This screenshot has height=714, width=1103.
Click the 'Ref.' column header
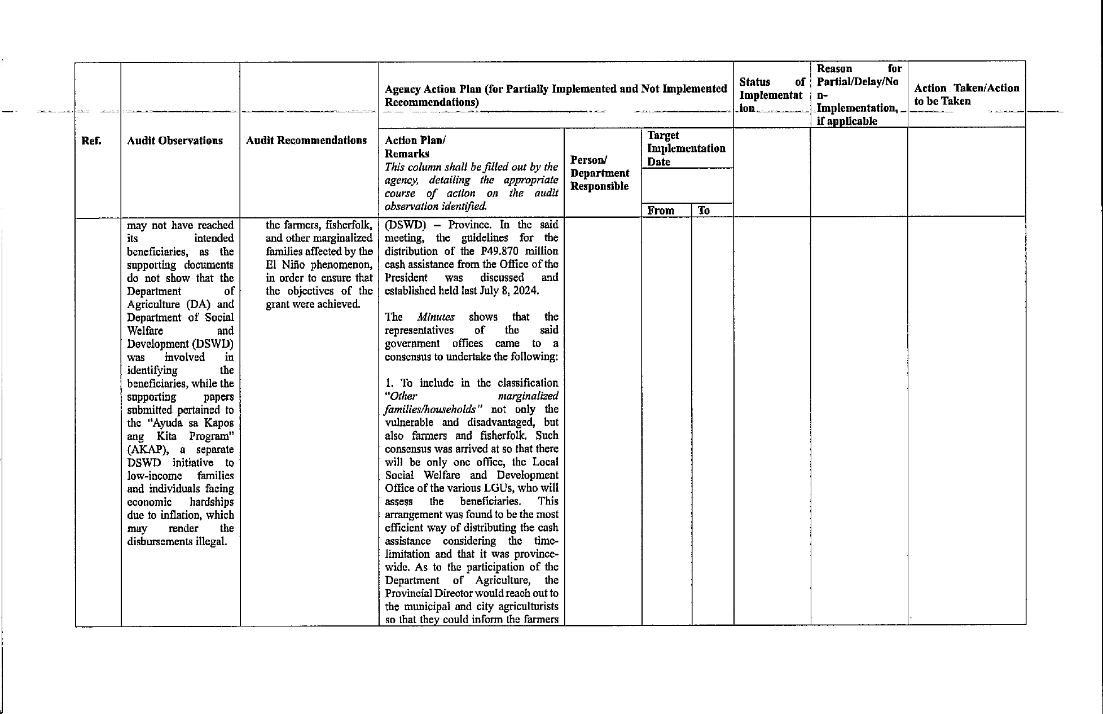click(x=91, y=141)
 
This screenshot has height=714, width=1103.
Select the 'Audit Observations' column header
click(x=175, y=141)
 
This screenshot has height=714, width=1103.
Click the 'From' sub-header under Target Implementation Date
click(x=661, y=211)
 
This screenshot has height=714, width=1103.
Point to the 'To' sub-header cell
click(x=704, y=211)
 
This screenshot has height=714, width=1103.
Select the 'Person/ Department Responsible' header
click(x=600, y=173)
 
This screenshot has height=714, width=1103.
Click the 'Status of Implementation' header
click(x=771, y=95)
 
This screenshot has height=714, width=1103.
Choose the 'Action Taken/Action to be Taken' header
click(x=966, y=95)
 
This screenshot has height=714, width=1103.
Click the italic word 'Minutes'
click(x=436, y=317)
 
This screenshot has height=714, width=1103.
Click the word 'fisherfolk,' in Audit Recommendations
click(x=349, y=225)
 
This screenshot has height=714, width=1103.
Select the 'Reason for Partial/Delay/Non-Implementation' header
click(x=858, y=95)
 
